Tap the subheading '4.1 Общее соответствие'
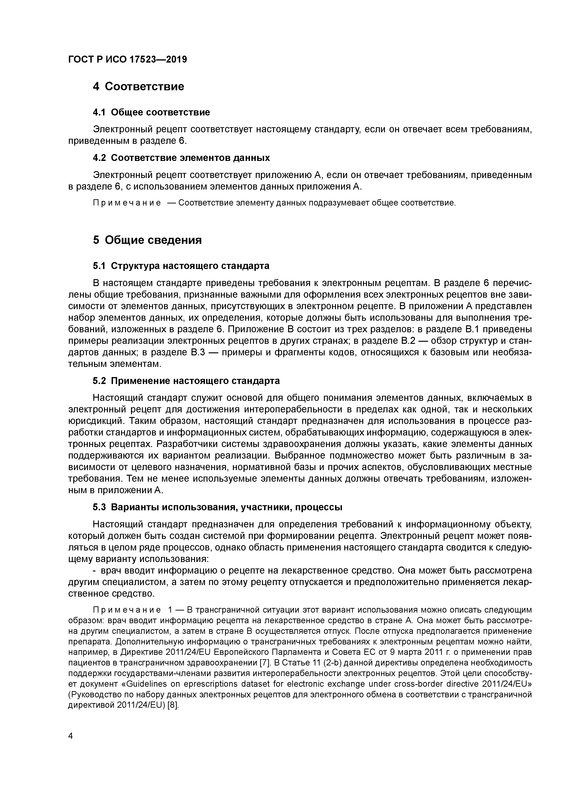click(x=151, y=112)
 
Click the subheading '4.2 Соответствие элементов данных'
click(x=181, y=158)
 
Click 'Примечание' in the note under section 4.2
click(x=127, y=203)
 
